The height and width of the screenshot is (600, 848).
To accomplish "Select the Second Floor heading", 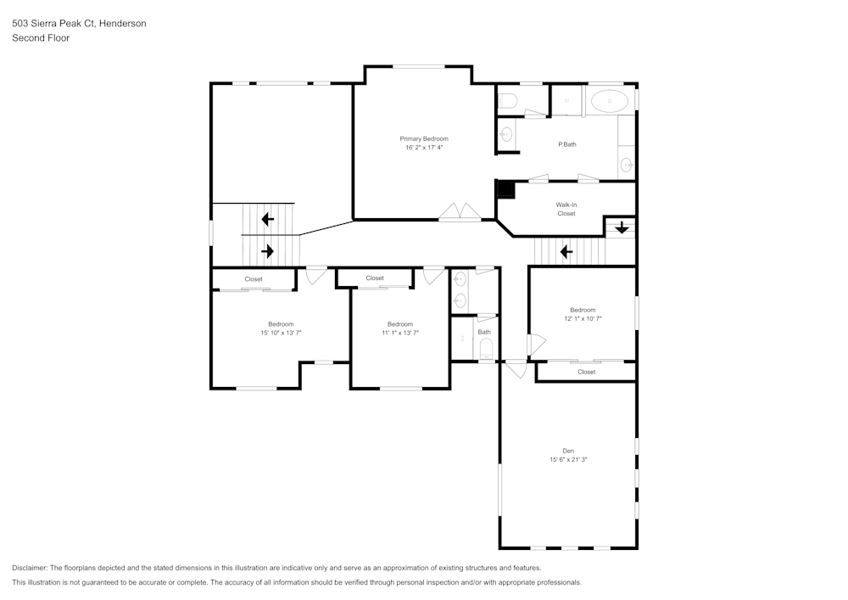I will coord(41,38).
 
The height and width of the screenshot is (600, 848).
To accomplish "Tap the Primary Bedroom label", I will coord(424,138).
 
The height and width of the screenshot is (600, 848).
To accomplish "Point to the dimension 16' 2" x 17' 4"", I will coord(424,148).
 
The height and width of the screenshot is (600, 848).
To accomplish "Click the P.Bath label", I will coord(567,144).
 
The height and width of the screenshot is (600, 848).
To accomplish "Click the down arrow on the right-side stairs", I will coord(622,227).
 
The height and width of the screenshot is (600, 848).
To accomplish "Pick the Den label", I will coord(568,451).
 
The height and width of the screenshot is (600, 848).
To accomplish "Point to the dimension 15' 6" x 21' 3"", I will coord(568,460).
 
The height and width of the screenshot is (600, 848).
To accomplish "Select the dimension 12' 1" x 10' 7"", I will coord(583,319).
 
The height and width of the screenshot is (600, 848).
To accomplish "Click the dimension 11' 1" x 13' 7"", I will coord(400,334).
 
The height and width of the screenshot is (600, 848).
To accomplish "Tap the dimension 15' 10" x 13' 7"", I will coord(281,334).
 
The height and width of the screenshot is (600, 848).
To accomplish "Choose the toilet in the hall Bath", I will coord(486,348).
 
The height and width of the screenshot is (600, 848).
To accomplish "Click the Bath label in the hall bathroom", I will coord(483,332).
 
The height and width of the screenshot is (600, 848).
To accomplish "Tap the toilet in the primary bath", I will coord(508,102).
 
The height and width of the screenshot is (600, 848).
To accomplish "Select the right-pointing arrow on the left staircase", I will coord(268,251).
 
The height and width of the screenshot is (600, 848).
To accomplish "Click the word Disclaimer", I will coord(30,568).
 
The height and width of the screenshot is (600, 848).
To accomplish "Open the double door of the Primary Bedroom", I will coord(460,212).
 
